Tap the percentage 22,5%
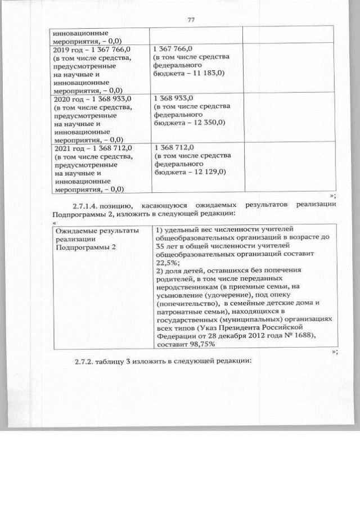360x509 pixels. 168,262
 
